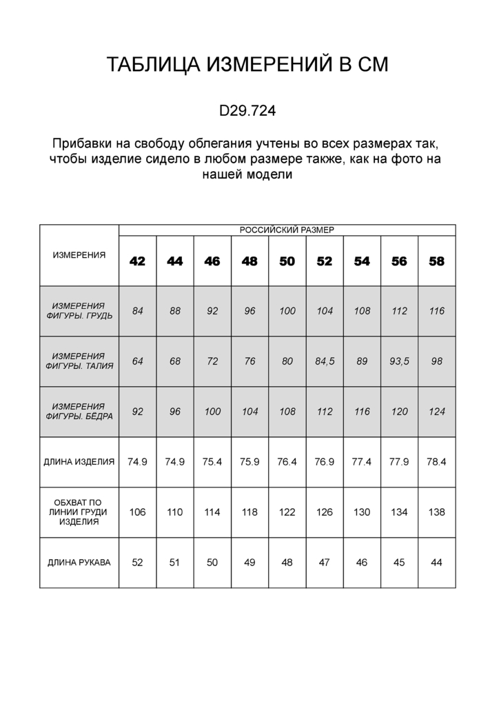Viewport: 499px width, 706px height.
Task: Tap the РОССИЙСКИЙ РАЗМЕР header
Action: click(x=287, y=230)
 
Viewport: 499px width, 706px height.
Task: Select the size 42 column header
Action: click(x=138, y=261)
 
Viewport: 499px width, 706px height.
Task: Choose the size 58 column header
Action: click(x=436, y=261)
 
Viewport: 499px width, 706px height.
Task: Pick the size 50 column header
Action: click(x=287, y=261)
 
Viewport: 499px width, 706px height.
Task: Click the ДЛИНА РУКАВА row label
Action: click(x=79, y=563)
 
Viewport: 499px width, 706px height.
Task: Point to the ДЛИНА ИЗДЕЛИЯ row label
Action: click(x=79, y=462)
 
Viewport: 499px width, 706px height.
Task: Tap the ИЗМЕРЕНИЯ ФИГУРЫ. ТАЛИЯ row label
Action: click(x=79, y=361)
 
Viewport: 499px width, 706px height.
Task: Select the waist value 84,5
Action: click(x=325, y=361)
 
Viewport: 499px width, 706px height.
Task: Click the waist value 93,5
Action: click(x=399, y=361)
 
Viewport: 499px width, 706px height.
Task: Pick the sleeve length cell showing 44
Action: click(x=436, y=563)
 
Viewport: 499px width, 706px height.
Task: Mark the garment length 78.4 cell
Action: click(x=436, y=462)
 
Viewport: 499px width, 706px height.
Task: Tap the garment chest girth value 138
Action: click(x=436, y=512)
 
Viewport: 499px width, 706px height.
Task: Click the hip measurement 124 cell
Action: click(x=436, y=412)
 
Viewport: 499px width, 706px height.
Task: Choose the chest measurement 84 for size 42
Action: click(x=138, y=311)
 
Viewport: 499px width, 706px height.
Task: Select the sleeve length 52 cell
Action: click(x=138, y=563)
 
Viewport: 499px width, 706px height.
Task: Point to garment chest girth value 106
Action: click(x=138, y=512)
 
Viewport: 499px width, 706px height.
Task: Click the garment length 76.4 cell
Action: click(x=287, y=462)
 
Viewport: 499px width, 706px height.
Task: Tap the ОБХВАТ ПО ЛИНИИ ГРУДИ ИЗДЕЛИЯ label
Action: click(x=79, y=512)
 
